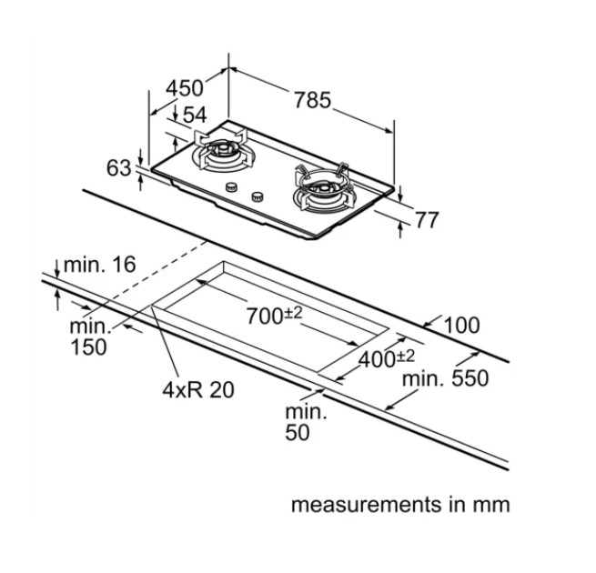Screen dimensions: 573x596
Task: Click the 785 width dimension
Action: pos(312,99)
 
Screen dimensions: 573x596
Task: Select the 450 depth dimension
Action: pos(185,88)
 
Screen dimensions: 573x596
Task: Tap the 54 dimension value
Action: pos(195,116)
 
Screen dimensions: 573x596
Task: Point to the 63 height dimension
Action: pos(119,168)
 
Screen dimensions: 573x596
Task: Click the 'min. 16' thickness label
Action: pos(101,265)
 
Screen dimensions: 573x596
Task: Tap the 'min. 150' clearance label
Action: pos(90,337)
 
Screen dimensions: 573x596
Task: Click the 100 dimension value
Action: pos(462,325)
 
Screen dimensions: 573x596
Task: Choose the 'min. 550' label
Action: pos(447,377)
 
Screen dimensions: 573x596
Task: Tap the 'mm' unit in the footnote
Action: pos(492,504)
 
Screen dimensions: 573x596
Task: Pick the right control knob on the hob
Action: pos(258,195)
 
